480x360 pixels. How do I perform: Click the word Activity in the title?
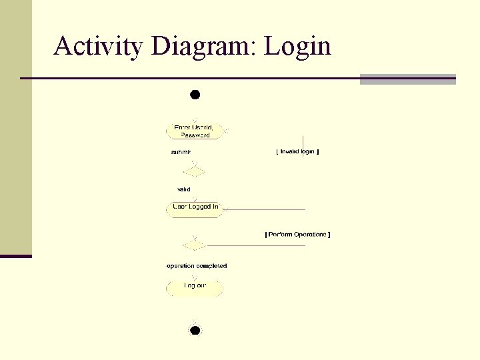click(99, 46)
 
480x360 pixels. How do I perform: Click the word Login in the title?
click(298, 46)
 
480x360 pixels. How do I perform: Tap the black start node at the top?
click(195, 95)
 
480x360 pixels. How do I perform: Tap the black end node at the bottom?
click(195, 330)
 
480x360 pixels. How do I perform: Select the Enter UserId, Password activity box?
click(194, 131)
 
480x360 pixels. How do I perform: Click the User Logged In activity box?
click(194, 208)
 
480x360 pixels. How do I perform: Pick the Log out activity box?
click(194, 287)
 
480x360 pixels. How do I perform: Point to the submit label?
click(181, 152)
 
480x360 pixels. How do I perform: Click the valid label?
click(183, 189)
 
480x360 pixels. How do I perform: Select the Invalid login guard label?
click(297, 152)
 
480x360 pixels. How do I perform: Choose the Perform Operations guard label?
click(297, 235)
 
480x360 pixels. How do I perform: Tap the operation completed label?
click(197, 266)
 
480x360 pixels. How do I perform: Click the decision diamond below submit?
click(194, 172)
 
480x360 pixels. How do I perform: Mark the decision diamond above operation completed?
click(194, 245)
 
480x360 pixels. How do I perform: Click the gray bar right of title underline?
click(407, 79)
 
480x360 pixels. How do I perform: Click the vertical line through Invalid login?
click(303, 141)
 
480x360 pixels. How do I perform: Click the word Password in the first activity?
click(195, 135)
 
